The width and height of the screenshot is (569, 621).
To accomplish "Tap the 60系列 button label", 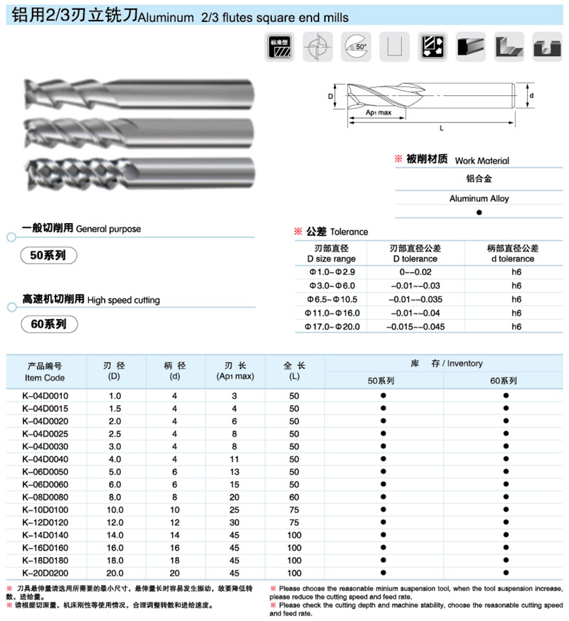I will [49, 324].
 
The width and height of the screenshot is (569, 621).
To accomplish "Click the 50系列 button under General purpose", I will [48, 254].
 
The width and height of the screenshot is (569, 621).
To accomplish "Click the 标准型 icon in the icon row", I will [278, 48].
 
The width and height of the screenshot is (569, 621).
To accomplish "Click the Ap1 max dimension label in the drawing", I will [378, 112].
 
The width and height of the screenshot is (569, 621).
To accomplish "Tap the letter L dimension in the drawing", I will [442, 129].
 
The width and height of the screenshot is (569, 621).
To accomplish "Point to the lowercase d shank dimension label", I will [531, 94].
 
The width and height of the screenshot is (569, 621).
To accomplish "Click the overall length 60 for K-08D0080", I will [294, 497].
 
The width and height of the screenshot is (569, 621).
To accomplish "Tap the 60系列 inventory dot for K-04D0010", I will [506, 394].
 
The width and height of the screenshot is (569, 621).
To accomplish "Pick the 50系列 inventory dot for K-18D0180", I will [383, 559].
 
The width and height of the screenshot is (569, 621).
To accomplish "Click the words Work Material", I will [482, 161].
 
